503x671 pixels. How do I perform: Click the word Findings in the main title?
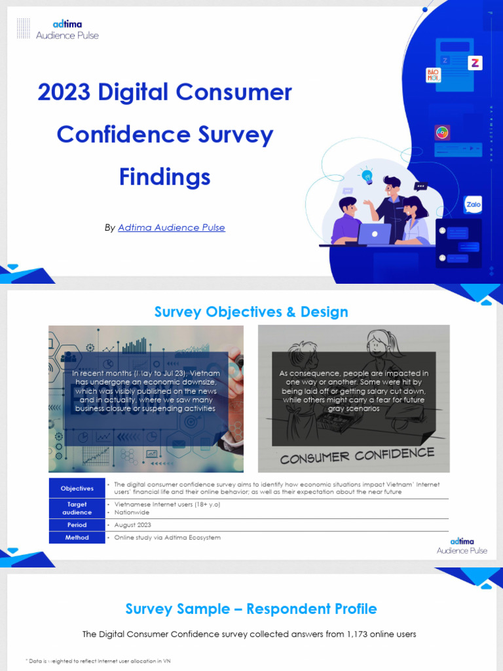[x=164, y=177]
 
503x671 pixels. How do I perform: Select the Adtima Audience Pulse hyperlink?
[x=171, y=228]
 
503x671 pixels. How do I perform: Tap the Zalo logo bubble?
[x=473, y=204]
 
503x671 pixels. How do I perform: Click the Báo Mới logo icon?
[x=434, y=75]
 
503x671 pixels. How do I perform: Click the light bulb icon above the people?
[x=367, y=176]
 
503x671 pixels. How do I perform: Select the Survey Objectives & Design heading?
[x=251, y=312]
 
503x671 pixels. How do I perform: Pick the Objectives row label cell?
[x=77, y=488]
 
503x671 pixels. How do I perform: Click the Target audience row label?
[x=77, y=508]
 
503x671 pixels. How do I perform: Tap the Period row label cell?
[x=77, y=525]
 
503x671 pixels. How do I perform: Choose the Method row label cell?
[x=77, y=537]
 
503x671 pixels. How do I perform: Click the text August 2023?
[x=133, y=525]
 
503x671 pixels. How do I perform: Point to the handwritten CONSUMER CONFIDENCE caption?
[x=357, y=455]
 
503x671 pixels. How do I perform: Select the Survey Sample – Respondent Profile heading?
[x=251, y=609]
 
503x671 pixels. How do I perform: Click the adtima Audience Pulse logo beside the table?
[x=462, y=545]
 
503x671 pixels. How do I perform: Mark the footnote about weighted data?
[x=98, y=661]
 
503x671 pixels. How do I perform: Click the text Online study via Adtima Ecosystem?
[x=168, y=537]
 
